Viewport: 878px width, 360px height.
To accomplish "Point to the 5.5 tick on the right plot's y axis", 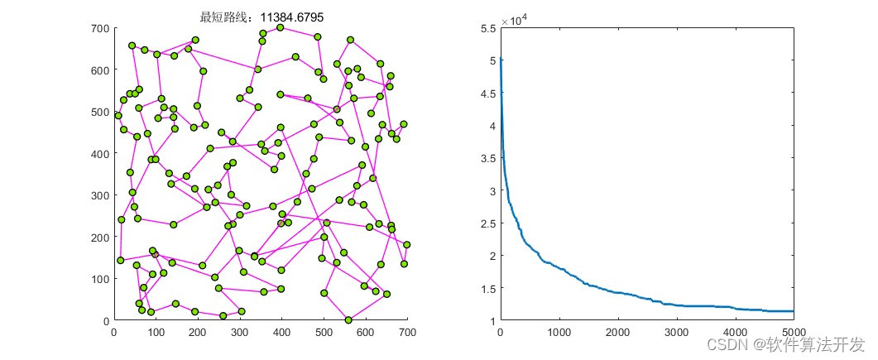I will coord(487,29).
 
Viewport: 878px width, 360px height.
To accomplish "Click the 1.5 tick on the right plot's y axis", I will coord(487,288).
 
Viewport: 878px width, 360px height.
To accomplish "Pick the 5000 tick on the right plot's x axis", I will coord(793,332).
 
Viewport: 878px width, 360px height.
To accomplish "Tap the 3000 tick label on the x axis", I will coord(675,332).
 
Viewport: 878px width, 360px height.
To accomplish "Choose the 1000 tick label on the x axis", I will coord(559,332).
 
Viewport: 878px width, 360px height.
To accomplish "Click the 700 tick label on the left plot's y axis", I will coord(101,29).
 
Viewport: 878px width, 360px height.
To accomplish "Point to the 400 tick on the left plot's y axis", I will coord(101,154).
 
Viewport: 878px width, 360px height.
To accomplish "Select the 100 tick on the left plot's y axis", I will coord(101,279).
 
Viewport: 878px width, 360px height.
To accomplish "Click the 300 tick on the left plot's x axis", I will coord(240,332).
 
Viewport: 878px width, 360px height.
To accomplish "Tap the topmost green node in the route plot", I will coord(281,27).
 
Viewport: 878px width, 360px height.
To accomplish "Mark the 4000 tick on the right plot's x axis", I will coord(734,332).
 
